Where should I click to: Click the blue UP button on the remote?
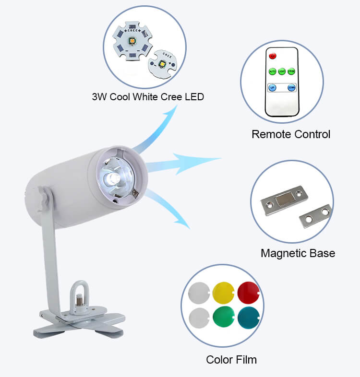[x=272, y=88]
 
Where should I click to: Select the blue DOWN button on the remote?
[x=291, y=88]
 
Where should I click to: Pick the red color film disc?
[x=249, y=291]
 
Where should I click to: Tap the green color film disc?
[x=223, y=317]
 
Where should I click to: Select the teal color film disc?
[x=249, y=317]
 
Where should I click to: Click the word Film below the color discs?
[x=246, y=359]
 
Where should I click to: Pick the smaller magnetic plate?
[x=315, y=215]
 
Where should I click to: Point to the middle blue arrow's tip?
[x=220, y=159]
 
